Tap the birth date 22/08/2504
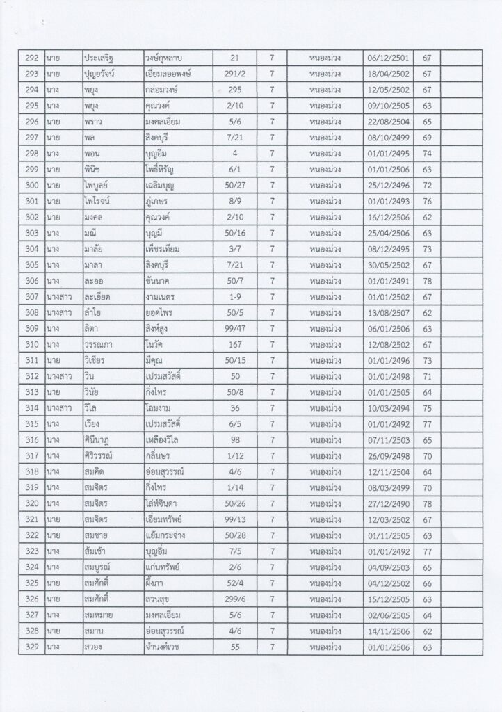point(388,120)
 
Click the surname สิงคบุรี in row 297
point(160,136)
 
